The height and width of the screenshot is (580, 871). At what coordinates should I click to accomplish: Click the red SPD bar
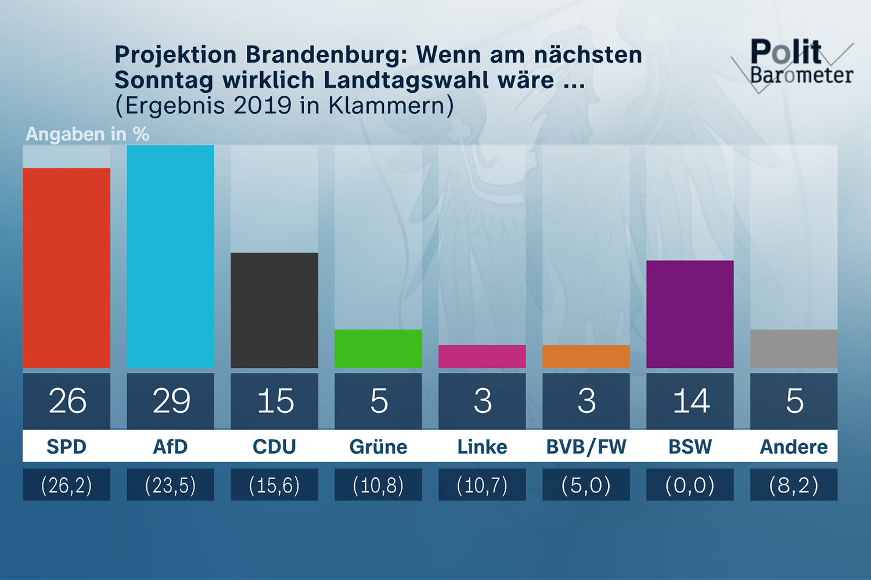point(66,268)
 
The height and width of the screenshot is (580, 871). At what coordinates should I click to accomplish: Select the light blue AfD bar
point(170,256)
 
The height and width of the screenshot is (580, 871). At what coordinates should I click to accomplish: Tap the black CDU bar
point(274,310)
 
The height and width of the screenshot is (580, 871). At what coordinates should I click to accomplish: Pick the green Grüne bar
point(378,349)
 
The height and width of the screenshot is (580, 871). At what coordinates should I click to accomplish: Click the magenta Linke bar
point(482,356)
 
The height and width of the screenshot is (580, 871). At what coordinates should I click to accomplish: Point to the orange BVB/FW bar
point(586,356)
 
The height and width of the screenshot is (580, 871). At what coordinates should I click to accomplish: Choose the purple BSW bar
point(690,314)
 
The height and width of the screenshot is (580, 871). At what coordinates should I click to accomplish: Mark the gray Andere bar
point(794,349)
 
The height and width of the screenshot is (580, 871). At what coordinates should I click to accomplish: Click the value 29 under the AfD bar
point(171,401)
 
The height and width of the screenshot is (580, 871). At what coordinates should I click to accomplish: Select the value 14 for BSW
point(690,401)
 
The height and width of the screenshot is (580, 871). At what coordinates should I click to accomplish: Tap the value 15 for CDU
point(275,401)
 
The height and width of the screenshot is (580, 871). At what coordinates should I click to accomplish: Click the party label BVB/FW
point(586,447)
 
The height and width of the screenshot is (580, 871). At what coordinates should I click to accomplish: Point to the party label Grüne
point(378,447)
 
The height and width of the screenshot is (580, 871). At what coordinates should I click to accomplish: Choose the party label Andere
point(794,447)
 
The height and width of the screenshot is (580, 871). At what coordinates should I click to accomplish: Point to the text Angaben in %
point(88,134)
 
